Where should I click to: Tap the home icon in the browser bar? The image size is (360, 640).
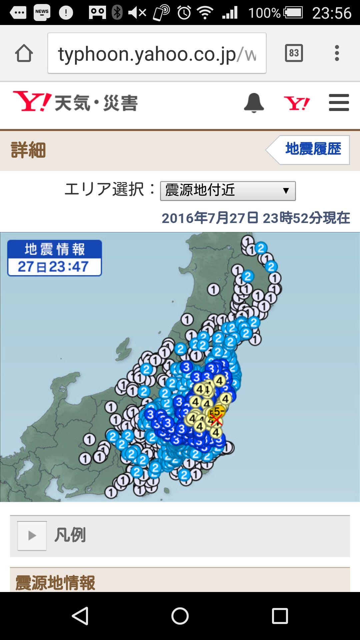click(x=24, y=53)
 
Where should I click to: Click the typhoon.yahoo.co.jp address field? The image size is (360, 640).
click(x=157, y=53)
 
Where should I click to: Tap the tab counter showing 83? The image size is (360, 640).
click(x=294, y=53)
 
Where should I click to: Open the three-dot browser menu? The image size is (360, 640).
click(x=337, y=53)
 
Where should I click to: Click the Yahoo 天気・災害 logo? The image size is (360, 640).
click(x=75, y=102)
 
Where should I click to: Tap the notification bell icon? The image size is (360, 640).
click(x=254, y=103)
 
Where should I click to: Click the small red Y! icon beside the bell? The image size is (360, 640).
click(x=296, y=103)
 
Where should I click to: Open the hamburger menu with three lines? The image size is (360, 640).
click(x=339, y=103)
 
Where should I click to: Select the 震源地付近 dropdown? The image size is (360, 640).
click(x=228, y=191)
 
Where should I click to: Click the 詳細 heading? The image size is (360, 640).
click(x=28, y=150)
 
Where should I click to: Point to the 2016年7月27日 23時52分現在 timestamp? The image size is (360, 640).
click(x=256, y=218)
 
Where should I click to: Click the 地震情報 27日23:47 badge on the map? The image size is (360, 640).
click(x=54, y=258)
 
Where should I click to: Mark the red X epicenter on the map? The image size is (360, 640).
click(x=216, y=420)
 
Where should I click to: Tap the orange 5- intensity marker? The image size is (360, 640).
click(x=218, y=411)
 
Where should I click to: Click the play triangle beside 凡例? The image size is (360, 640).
click(x=32, y=536)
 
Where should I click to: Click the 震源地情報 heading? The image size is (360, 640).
click(x=55, y=583)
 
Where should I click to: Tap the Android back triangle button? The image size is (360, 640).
click(x=80, y=616)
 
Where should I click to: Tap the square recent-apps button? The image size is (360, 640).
click(x=280, y=616)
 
